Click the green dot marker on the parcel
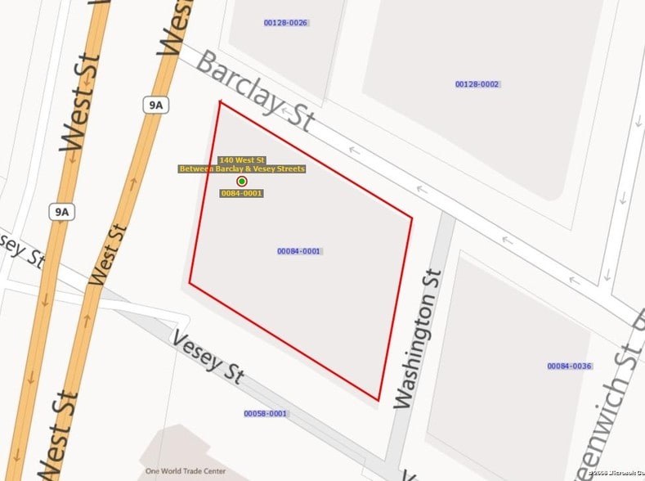(242, 181)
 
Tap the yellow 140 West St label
(242, 160)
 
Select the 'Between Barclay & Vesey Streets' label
(242, 169)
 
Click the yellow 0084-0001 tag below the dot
(242, 194)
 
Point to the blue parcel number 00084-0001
(298, 251)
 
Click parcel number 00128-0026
(285, 23)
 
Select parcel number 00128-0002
(477, 84)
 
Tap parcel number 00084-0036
(570, 366)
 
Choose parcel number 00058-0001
(266, 414)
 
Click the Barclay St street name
(256, 92)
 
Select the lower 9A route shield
(60, 212)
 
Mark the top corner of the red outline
(220, 101)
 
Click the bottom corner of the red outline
(379, 401)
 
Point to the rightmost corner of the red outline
(412, 218)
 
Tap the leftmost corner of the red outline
(190, 283)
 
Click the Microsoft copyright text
(617, 474)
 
